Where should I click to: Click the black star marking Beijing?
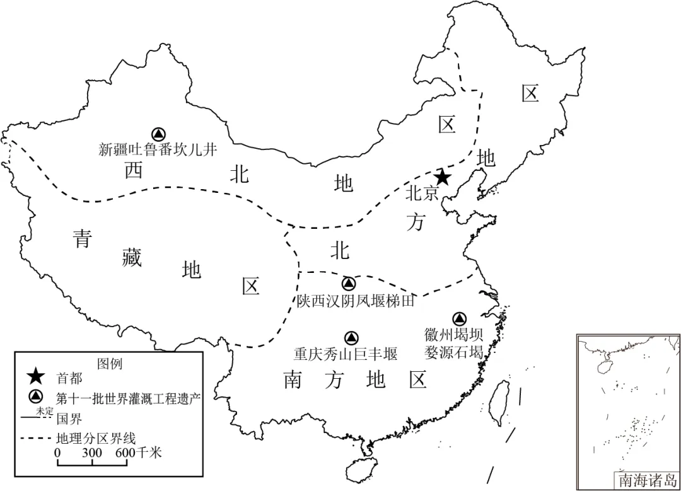pos(443,177)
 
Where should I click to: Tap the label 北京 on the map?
pos(422,193)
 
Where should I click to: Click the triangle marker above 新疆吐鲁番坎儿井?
pos(158,134)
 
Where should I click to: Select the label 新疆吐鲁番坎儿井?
pos(158,149)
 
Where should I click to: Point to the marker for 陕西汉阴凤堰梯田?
pos(347,284)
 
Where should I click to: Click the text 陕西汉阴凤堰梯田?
pos(356,301)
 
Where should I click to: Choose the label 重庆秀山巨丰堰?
pos(346,354)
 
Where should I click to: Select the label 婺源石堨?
pos(454,352)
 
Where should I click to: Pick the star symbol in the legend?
pos(36,378)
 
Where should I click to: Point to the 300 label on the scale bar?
pos(92,452)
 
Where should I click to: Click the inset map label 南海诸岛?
pos(646,480)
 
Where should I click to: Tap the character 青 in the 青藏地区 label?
pos(82,238)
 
